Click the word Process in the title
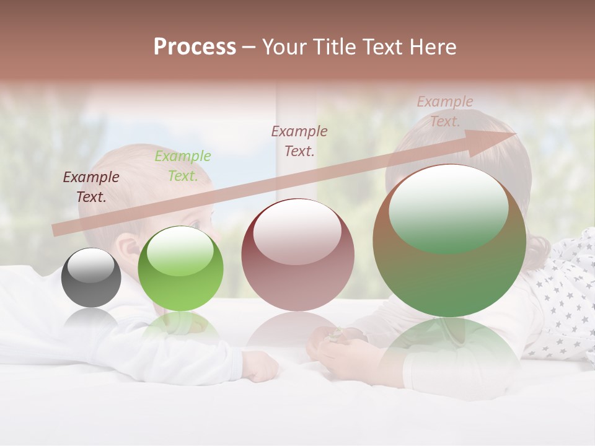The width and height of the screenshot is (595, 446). pyautogui.click(x=195, y=47)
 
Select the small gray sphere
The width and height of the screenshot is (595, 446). pyautogui.click(x=91, y=278)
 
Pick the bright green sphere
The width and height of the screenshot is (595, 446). pyautogui.click(x=180, y=269)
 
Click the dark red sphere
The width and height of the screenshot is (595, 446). pyautogui.click(x=297, y=255)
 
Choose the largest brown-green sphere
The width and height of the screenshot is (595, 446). pyautogui.click(x=449, y=241)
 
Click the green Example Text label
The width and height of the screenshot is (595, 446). pyautogui.click(x=183, y=166)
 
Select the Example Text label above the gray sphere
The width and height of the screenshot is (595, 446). pyautogui.click(x=91, y=187)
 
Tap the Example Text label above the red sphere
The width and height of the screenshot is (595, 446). pyautogui.click(x=299, y=141)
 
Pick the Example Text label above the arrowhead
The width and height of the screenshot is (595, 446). pyautogui.click(x=445, y=111)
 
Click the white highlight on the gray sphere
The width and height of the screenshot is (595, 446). pyautogui.click(x=91, y=265)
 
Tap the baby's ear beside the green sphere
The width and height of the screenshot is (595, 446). pyautogui.click(x=129, y=250)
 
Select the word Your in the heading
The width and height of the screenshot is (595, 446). pyautogui.click(x=284, y=47)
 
